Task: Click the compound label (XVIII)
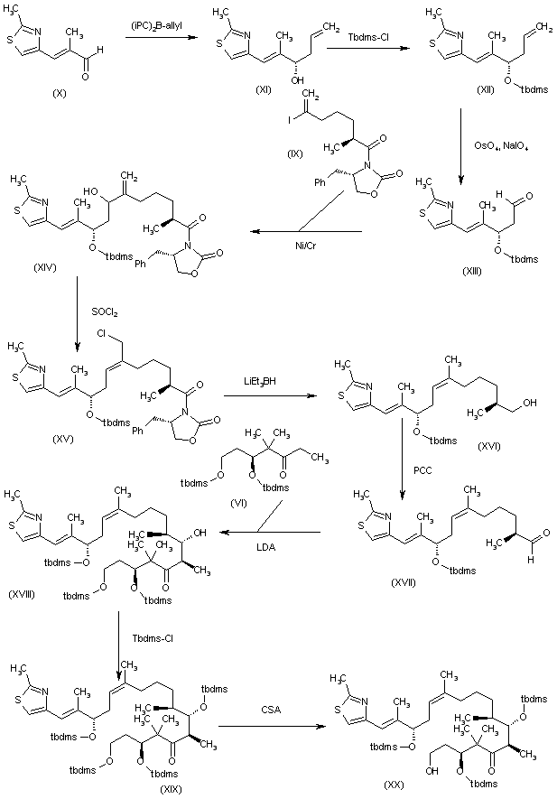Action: pyautogui.click(x=22, y=593)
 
